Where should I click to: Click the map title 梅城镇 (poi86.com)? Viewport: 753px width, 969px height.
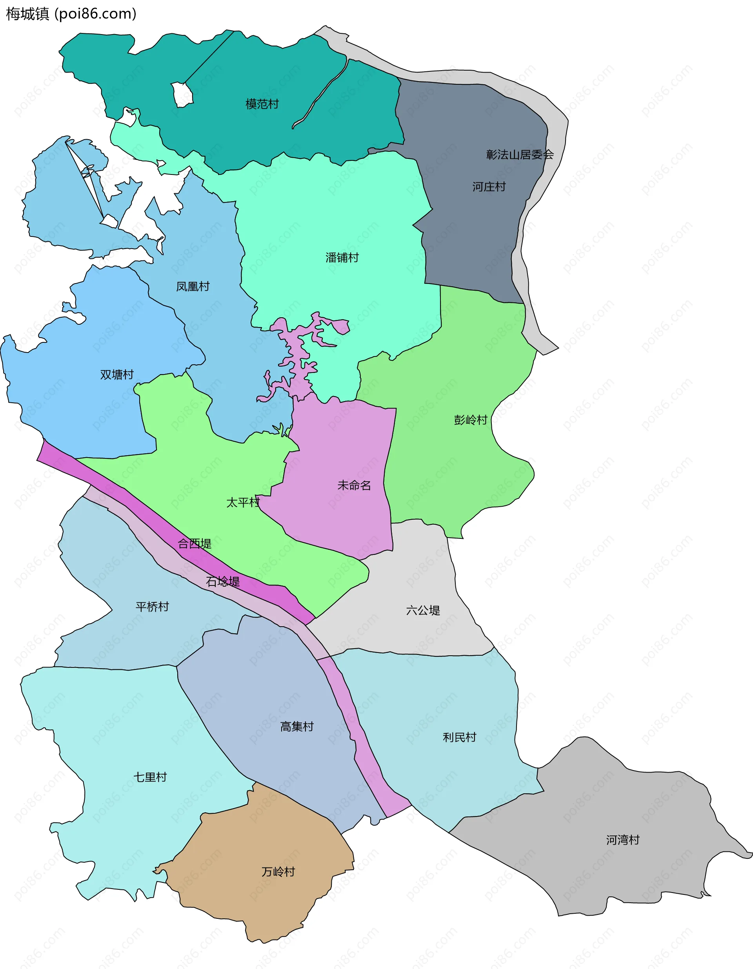(x=71, y=14)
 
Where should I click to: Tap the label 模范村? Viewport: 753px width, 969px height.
(x=262, y=104)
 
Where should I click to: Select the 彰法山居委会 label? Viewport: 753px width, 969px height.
(x=520, y=155)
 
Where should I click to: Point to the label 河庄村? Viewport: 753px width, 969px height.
(x=489, y=187)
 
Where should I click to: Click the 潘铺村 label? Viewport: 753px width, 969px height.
(x=342, y=258)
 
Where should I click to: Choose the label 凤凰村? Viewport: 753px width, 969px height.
(x=193, y=287)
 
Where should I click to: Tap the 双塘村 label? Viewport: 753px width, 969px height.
(x=117, y=375)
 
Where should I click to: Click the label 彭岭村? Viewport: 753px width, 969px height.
(x=470, y=420)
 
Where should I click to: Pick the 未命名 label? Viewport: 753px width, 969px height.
(x=354, y=485)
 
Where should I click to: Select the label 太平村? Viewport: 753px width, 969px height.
(x=243, y=503)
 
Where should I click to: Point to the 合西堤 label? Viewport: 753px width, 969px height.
(x=195, y=544)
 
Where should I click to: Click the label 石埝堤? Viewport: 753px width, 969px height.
(x=223, y=582)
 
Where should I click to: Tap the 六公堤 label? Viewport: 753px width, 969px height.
(x=423, y=611)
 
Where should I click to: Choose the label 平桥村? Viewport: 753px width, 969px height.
(x=152, y=607)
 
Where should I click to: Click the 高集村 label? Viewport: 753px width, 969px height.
(x=297, y=726)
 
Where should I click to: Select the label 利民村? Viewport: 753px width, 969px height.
(x=459, y=737)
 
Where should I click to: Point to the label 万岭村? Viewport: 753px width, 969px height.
(x=278, y=872)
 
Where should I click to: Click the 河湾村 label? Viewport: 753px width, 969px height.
(x=622, y=840)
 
